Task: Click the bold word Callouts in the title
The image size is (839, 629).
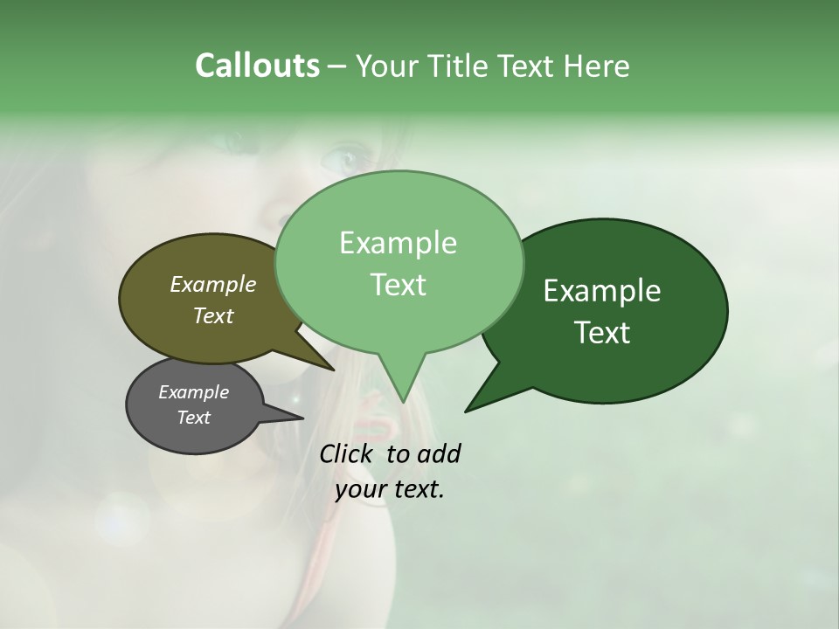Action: point(257,66)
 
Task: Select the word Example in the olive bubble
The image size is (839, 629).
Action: point(213,284)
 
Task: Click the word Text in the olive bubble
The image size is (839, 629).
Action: point(213,315)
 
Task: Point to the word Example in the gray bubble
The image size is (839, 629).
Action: point(194,392)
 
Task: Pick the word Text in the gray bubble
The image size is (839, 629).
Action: point(194,418)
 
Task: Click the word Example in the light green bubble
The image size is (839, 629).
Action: point(398,243)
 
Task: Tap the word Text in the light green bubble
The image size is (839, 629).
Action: point(398,285)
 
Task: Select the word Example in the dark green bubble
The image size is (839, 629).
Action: point(602,291)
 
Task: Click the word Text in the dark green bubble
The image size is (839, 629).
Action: point(602,333)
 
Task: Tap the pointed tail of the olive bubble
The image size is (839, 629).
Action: point(332,369)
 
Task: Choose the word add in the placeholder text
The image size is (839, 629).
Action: point(439,453)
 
